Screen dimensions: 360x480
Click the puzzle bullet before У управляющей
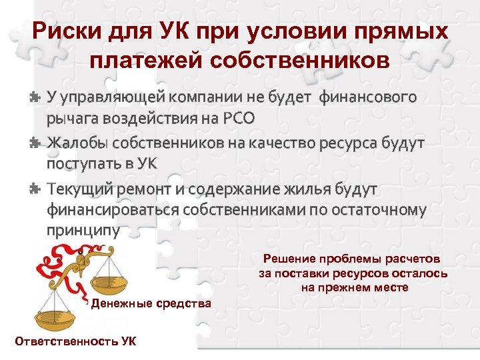pos(35,97)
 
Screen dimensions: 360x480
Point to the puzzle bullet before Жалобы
pos(35,143)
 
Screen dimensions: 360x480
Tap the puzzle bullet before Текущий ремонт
pos(35,189)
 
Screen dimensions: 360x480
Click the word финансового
pos(368,97)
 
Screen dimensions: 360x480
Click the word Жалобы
pos(77,143)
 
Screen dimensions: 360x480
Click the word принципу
pos(83,231)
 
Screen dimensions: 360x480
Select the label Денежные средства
pos(151,304)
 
